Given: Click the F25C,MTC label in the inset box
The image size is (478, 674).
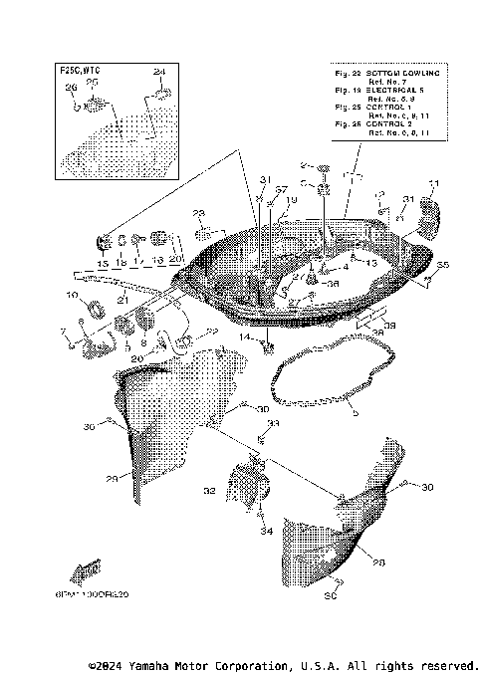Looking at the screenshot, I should click(82, 73).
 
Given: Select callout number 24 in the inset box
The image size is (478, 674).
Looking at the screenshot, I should click(158, 73).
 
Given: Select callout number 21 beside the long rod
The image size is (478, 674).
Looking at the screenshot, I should click(121, 300).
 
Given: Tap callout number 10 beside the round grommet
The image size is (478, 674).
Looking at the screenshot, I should click(72, 296).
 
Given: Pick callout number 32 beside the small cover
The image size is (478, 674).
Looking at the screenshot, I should click(209, 491).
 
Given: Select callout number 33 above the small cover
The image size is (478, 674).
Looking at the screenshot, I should click(275, 423).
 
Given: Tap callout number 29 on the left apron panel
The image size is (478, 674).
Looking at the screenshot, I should click(113, 479).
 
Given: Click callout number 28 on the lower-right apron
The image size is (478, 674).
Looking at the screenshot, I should click(377, 562).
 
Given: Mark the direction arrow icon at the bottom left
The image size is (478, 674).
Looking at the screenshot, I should click(86, 570).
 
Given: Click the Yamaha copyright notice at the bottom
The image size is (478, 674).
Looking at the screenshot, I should click(283, 664).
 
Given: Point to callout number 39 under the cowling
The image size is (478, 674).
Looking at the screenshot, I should click(390, 325).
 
